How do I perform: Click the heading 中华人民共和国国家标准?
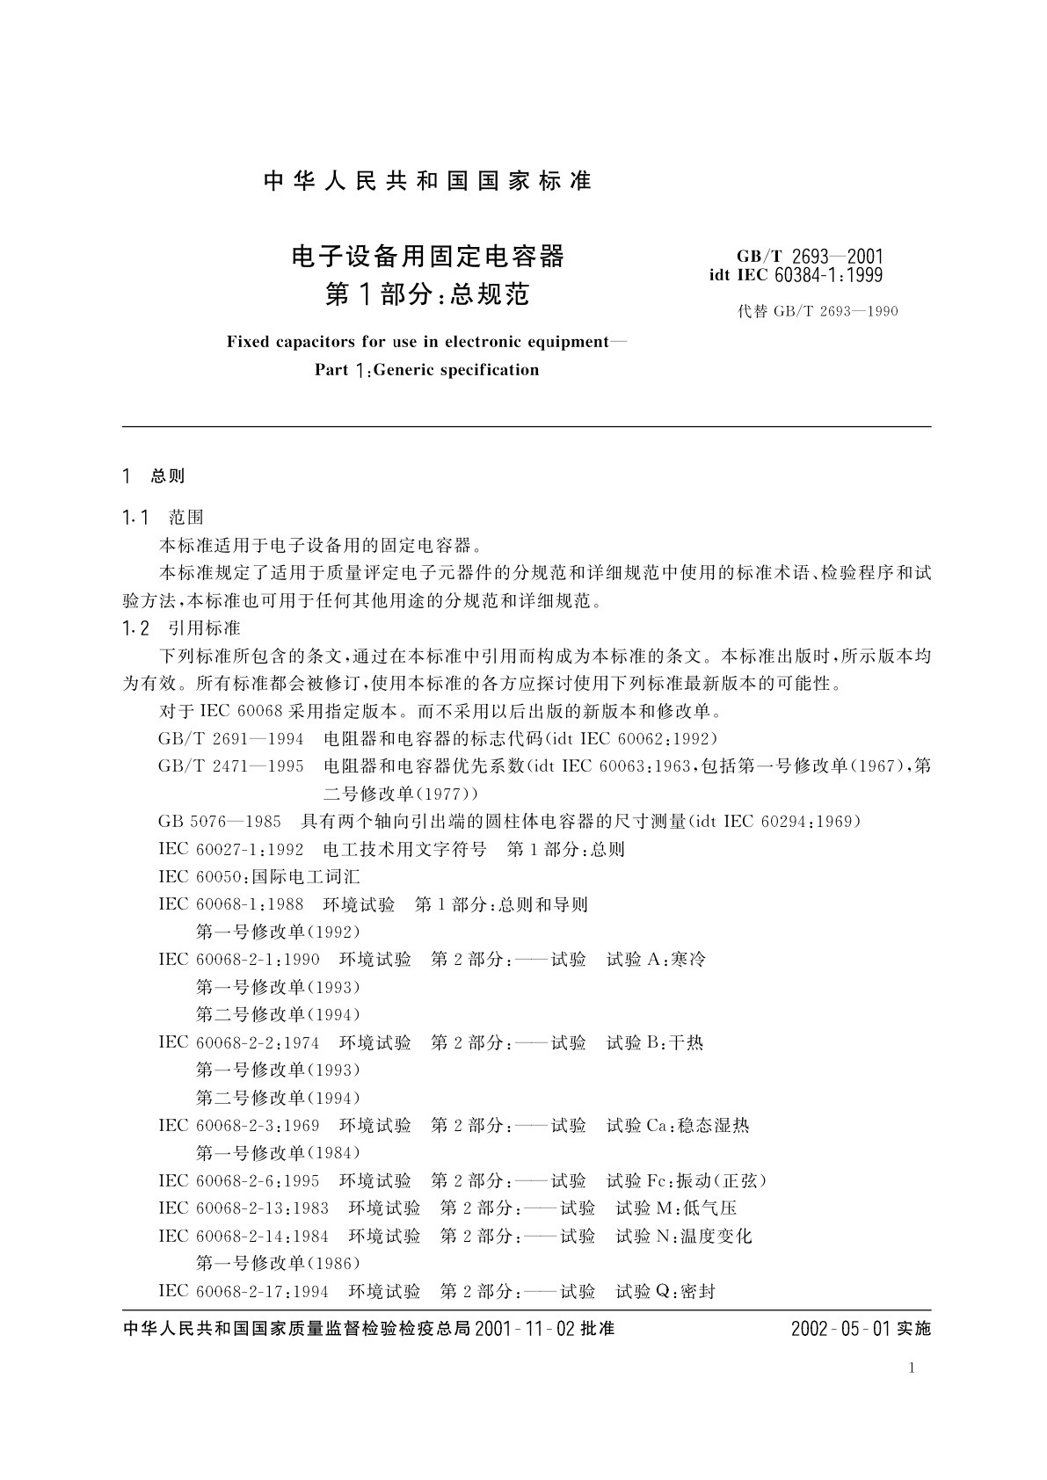point(427,181)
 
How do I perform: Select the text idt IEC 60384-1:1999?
point(796,275)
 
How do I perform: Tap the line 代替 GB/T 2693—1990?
point(818,311)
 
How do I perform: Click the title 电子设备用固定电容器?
point(427,257)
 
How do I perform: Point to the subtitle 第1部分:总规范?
point(427,294)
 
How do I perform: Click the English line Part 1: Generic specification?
point(427,370)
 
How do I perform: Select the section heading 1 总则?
point(154,476)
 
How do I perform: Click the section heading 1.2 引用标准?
point(181,628)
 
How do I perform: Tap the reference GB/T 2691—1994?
point(231,738)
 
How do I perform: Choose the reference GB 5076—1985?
point(220,821)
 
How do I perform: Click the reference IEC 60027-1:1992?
point(231,849)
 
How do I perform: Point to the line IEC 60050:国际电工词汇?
point(259,876)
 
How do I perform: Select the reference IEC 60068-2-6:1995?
point(239,1180)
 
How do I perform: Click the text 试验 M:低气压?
point(676,1208)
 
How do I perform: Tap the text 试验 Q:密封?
point(665,1291)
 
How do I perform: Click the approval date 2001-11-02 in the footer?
point(524,1329)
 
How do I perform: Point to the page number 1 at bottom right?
point(912,1368)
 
